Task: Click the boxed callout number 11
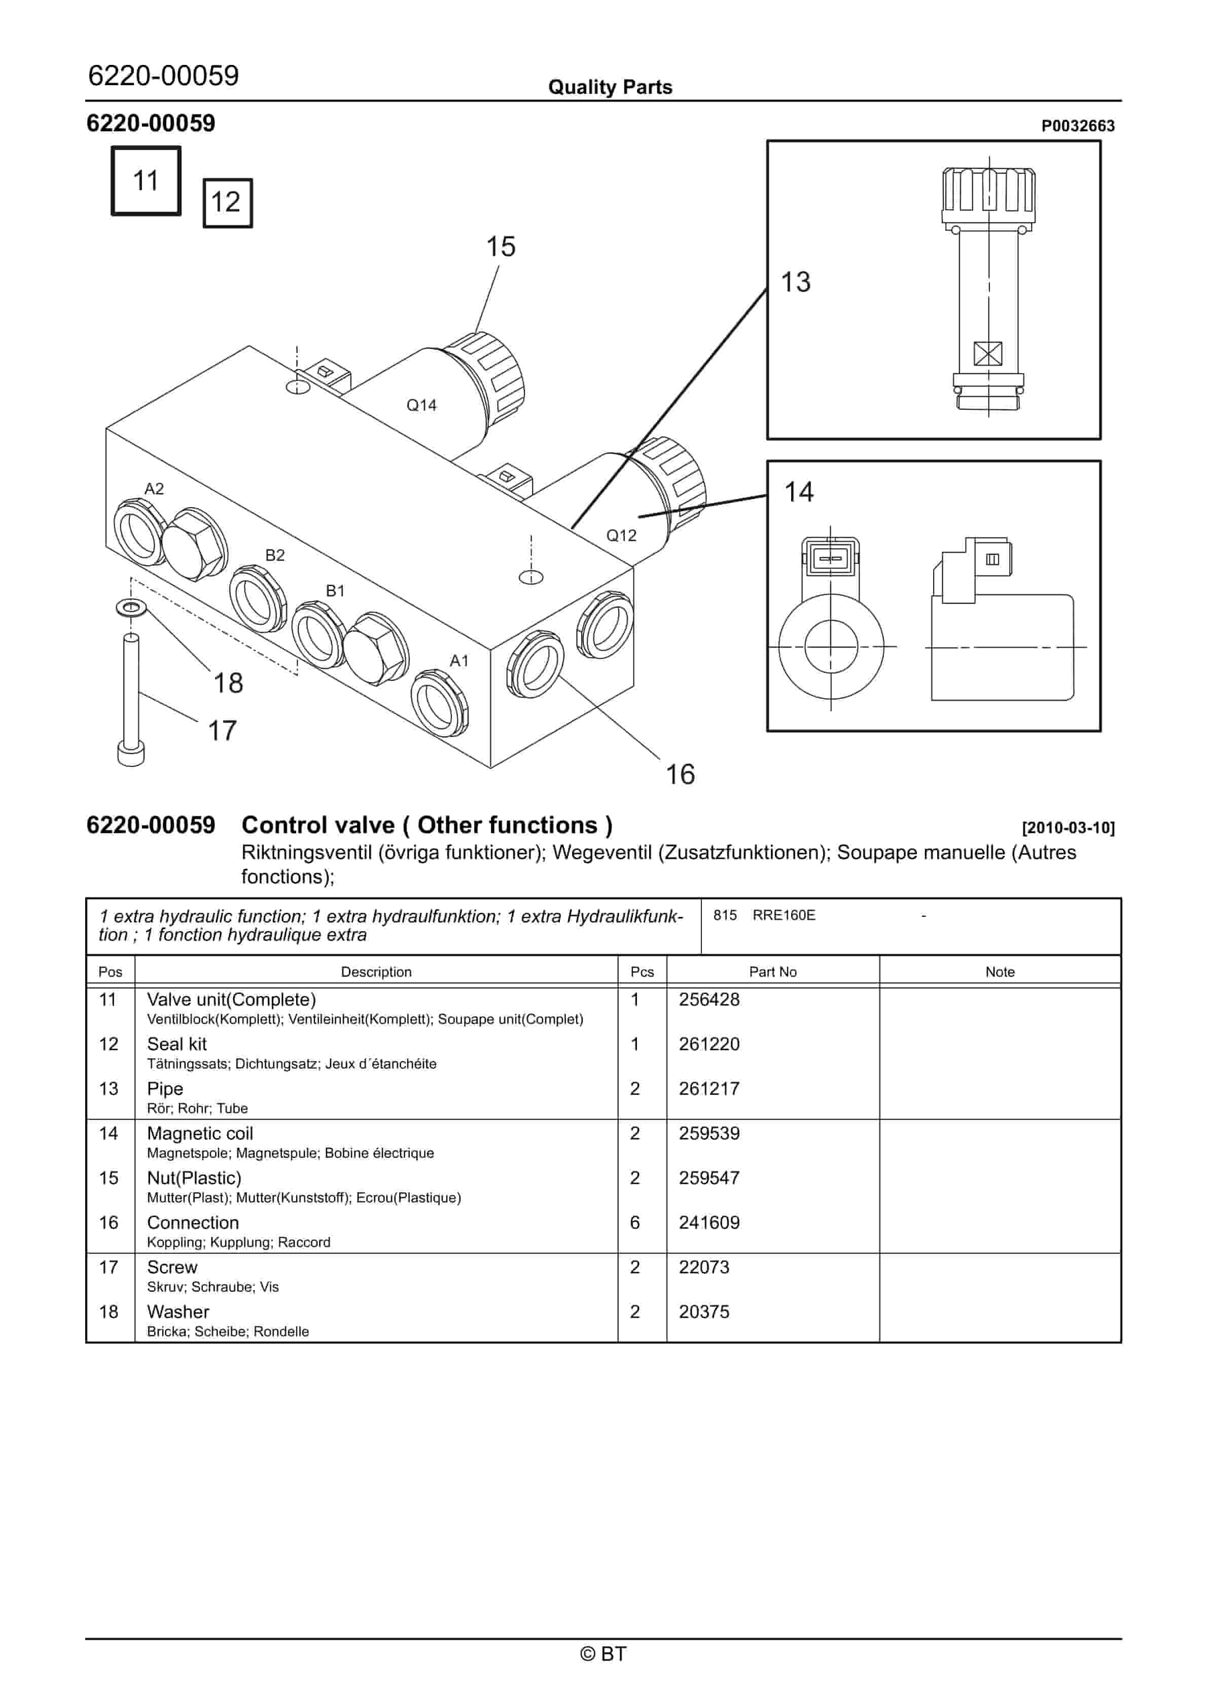pos(146,181)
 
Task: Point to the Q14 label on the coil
pos(421,405)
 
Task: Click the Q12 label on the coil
pos(621,536)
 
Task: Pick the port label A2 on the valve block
pos(154,489)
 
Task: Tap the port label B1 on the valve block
pos(336,591)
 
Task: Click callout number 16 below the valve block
pos(680,774)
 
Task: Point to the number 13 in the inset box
pos(796,282)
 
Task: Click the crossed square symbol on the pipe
pos(987,353)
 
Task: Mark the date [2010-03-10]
pos(1068,828)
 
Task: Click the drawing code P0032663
pos(1078,126)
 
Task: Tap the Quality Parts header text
pos(610,87)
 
